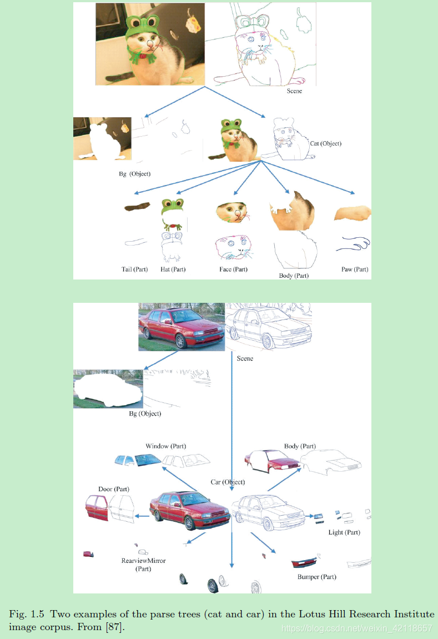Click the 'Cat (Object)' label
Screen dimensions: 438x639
coord(326,143)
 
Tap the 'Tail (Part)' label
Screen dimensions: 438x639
coord(134,269)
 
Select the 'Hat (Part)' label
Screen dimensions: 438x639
coord(173,269)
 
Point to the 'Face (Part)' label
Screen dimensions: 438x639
coord(233,269)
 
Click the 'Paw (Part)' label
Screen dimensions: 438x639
coord(355,269)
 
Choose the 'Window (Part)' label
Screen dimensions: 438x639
coord(165,446)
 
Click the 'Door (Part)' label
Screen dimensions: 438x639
coord(114,489)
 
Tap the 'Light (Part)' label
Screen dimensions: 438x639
coord(344,532)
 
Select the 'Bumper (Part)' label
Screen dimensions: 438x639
coord(316,577)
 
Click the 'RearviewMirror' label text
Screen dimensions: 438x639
coord(143,561)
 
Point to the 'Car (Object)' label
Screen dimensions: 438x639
coord(228,482)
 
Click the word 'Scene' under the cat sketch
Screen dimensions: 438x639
coord(294,91)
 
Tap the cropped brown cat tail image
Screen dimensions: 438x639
coord(137,207)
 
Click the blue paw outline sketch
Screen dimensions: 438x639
coord(353,244)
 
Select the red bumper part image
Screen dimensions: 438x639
coord(304,563)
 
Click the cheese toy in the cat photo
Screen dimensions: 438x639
coord(193,23)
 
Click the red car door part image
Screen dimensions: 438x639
coord(97,508)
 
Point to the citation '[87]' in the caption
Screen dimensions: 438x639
coord(114,627)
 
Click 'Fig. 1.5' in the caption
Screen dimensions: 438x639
coord(27,614)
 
